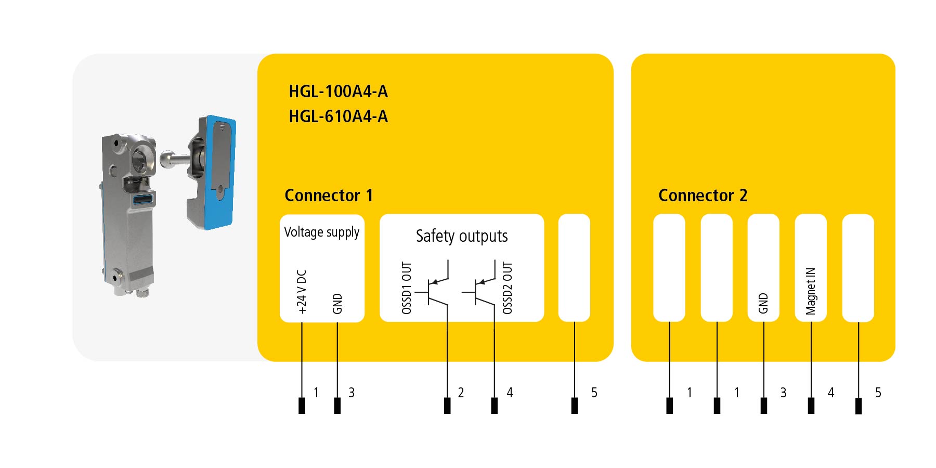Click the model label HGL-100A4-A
338,92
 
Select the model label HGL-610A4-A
338,116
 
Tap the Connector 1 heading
329,196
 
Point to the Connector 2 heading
703,196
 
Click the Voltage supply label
321,232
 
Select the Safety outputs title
462,236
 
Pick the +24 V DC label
302,291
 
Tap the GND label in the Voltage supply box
337,304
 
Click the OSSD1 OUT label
407,288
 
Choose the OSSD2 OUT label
508,288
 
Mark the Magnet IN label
811,291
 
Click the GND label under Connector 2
763,303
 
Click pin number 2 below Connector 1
461,393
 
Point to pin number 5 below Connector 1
594,393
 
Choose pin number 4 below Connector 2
831,393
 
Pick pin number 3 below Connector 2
784,393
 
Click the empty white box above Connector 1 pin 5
574,268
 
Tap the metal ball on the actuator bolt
167,157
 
